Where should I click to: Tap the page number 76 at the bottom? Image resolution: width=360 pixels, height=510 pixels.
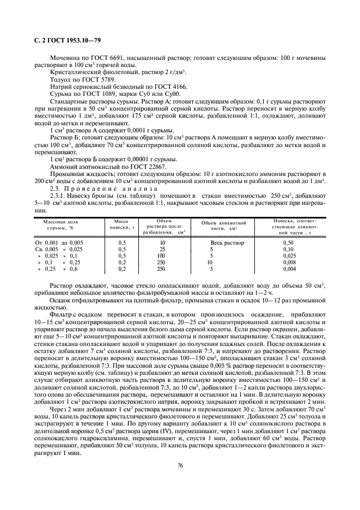[180, 465]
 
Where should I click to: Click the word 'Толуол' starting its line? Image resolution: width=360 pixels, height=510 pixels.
[60, 79]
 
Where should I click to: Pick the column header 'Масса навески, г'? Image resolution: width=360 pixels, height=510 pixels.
[121, 224]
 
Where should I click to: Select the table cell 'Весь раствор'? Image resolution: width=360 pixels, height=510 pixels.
[227, 242]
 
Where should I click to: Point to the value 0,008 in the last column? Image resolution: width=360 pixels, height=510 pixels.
[289, 262]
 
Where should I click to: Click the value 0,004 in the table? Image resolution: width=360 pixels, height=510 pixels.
[289, 269]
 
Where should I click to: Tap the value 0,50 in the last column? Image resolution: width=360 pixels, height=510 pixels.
[289, 242]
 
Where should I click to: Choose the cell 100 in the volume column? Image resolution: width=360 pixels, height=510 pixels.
[161, 256]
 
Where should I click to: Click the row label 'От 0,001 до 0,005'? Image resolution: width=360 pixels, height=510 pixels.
[59, 242]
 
